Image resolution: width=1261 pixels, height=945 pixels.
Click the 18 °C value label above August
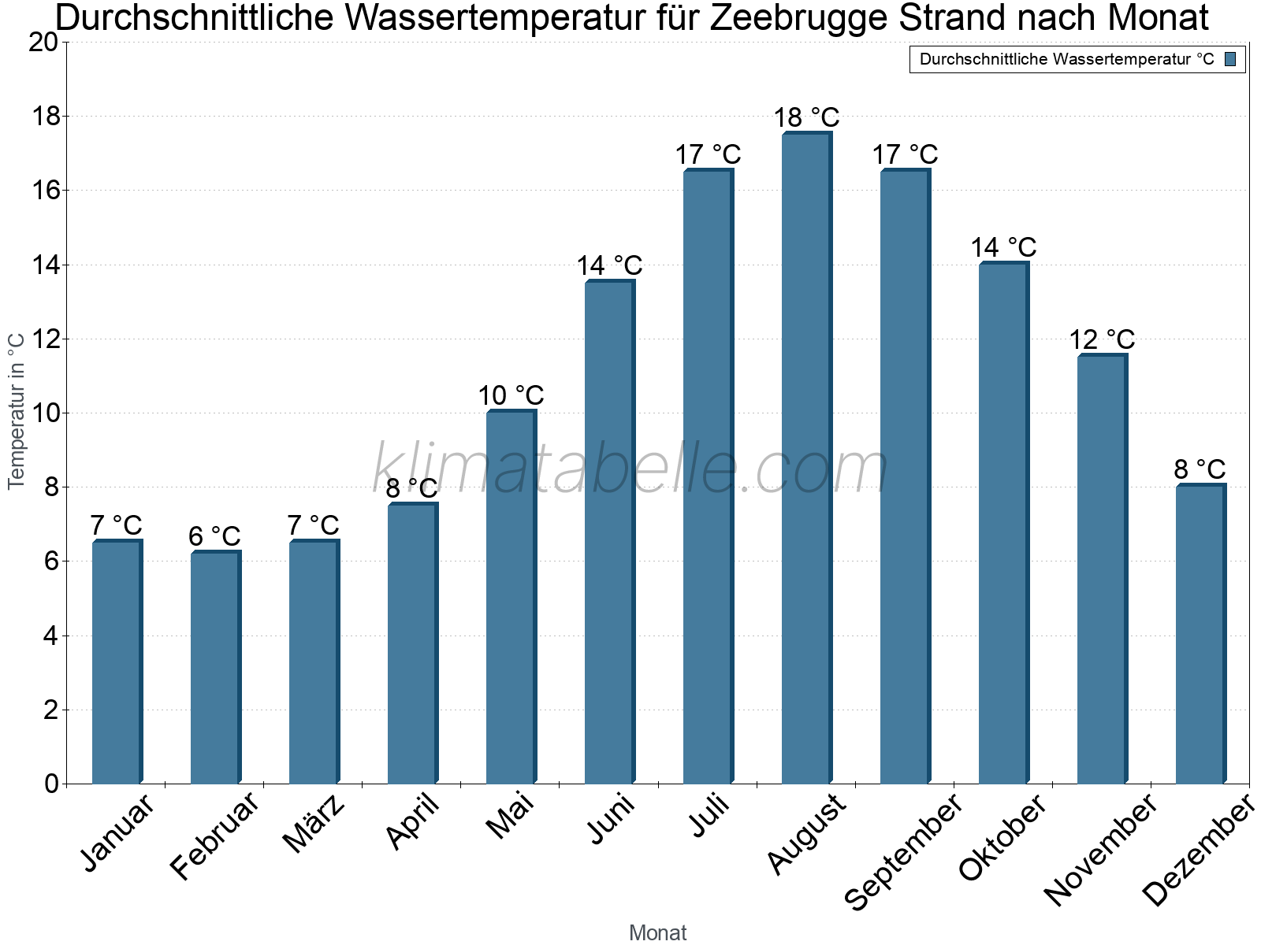pos(806,118)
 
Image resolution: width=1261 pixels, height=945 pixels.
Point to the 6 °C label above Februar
pos(214,536)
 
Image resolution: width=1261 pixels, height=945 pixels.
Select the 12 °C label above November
pos(1102,340)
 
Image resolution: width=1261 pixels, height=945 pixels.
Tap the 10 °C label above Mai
pos(511,395)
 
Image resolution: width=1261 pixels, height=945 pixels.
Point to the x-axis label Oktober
pos(1002,838)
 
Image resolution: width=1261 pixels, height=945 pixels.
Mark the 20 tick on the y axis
pos(43,43)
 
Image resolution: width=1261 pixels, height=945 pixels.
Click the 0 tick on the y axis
pos(52,784)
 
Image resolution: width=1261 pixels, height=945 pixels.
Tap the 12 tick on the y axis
pos(43,339)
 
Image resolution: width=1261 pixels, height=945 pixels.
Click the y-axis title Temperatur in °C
pos(17,411)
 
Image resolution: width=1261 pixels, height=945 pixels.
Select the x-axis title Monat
pos(658,932)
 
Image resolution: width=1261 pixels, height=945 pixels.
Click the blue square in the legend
pos(1230,59)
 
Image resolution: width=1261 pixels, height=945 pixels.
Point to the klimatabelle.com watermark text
pos(630,469)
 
